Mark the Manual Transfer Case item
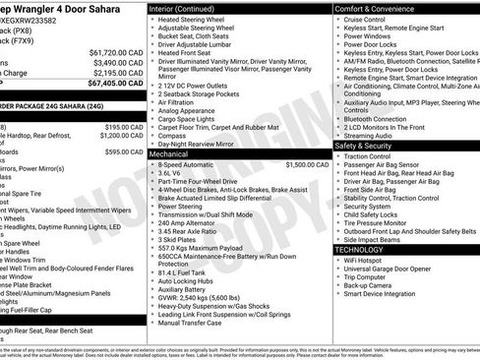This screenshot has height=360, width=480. (x=190, y=323)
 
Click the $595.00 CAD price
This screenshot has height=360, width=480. (x=124, y=152)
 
